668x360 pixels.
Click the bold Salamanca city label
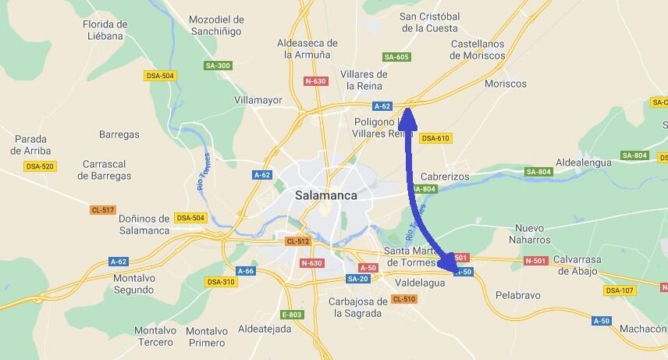326,196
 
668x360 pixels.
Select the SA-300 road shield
218,66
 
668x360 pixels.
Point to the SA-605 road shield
396,57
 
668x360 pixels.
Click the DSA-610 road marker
435,138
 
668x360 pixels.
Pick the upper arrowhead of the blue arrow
407,118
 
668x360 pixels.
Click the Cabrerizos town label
445,176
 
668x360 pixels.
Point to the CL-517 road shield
103,210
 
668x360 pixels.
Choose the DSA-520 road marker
40,166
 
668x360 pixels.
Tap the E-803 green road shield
292,315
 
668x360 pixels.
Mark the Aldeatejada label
265,329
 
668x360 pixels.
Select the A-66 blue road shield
245,271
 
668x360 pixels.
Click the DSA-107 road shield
620,290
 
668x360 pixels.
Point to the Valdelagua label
420,283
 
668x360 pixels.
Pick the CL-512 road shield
297,241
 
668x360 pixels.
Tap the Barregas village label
119,134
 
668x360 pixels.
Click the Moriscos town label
506,84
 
